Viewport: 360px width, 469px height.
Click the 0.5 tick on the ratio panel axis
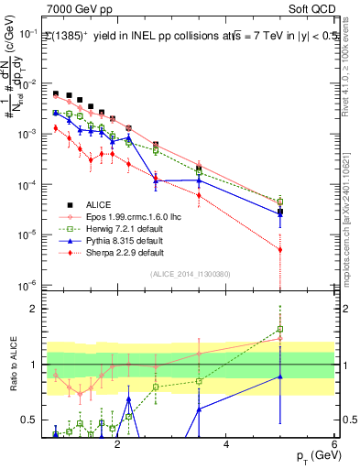(31, 420)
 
